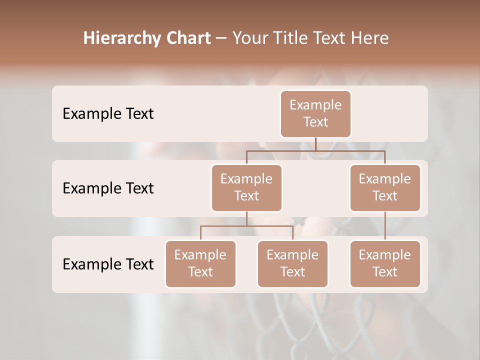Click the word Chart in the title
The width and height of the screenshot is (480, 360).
point(187,38)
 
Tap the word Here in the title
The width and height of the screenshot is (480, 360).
point(370,38)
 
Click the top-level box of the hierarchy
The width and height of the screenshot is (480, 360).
point(315,114)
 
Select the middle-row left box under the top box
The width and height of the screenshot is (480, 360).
point(246,187)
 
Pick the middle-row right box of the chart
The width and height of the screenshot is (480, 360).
point(385,187)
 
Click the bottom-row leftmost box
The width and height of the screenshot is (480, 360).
point(200,263)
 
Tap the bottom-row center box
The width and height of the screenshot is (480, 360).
point(292,263)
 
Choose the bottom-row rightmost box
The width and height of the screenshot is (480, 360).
point(385,263)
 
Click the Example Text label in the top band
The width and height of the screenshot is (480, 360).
point(108,114)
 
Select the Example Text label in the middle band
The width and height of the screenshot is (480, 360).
point(108,188)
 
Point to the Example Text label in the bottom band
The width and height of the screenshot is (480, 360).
point(108,264)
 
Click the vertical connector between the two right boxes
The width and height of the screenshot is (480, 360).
point(385,226)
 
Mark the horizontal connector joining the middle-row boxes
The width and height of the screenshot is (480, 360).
point(315,150)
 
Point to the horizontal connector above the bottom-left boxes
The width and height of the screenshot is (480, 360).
point(246,226)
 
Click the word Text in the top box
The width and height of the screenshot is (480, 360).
point(315,122)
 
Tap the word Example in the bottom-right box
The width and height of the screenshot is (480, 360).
point(385,255)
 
